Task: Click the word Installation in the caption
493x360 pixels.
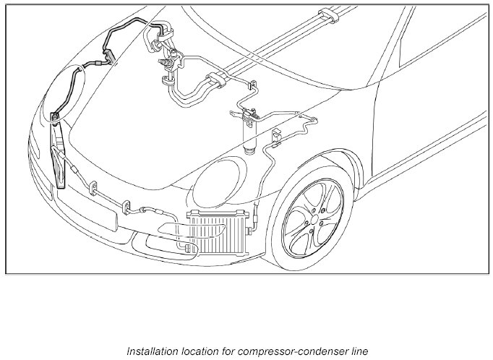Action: (x=149, y=352)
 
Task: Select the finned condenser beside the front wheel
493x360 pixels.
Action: (x=217, y=231)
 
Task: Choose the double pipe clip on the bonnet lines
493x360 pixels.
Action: (x=216, y=81)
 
